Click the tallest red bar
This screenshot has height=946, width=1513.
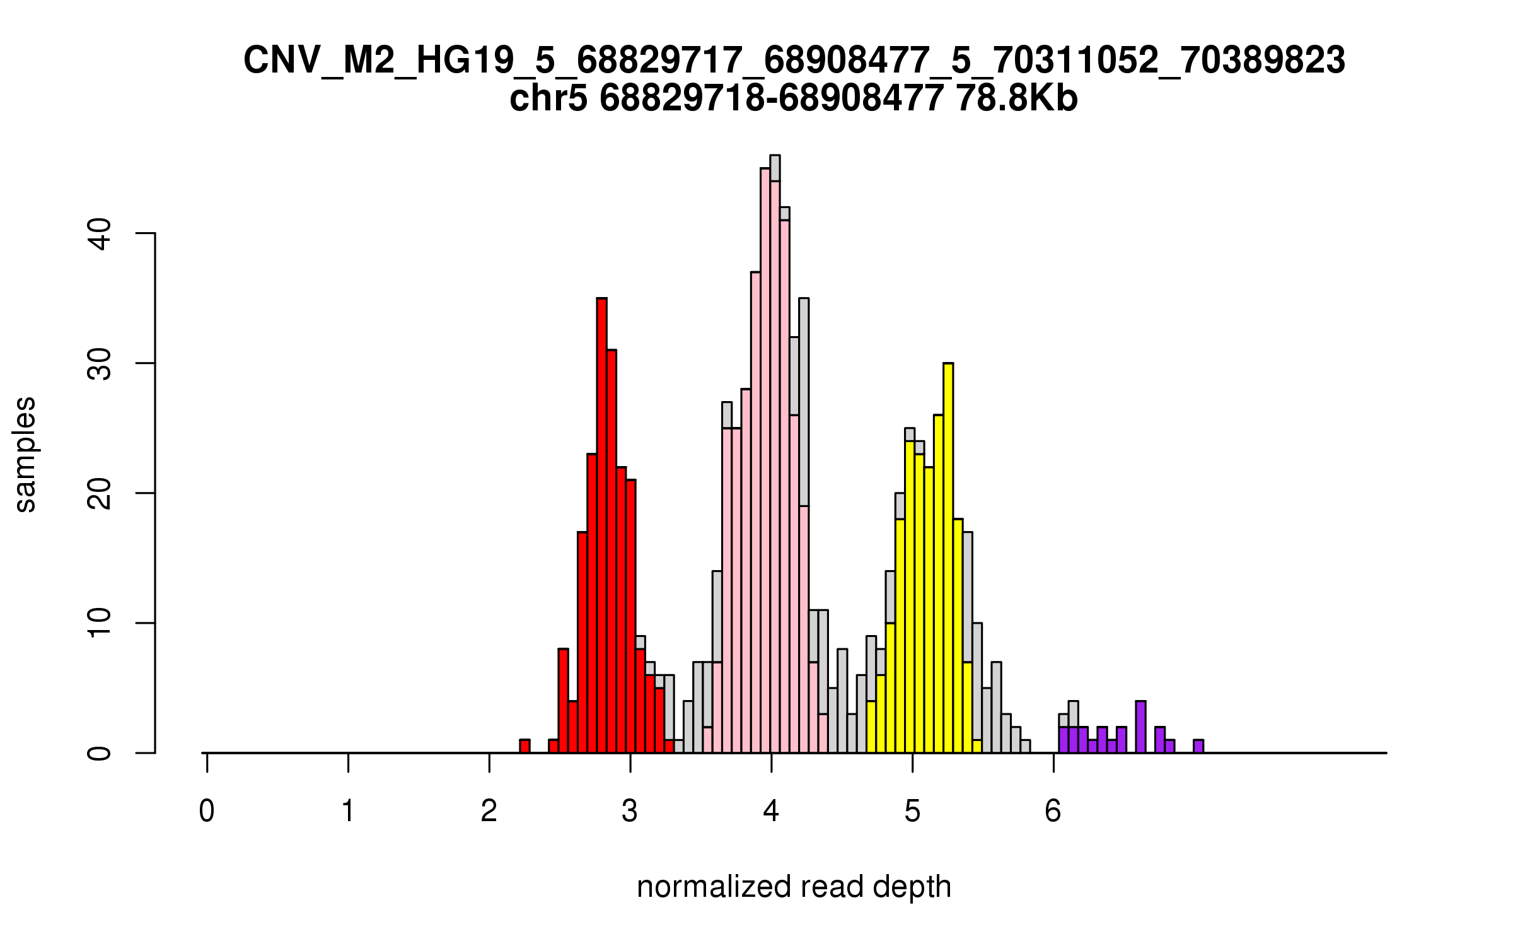click(601, 523)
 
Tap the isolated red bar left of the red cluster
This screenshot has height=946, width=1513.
click(525, 746)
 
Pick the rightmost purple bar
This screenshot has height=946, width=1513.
click(1198, 746)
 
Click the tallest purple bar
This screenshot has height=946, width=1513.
click(1140, 727)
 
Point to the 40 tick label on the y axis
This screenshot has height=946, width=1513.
click(99, 234)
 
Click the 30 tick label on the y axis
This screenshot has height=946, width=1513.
click(99, 363)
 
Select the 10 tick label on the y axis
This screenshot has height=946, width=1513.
click(99, 623)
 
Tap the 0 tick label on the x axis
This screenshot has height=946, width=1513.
click(207, 810)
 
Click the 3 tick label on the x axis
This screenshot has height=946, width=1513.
click(630, 810)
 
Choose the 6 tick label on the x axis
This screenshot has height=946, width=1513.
click(1053, 810)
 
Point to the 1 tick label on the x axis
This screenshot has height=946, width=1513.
click(348, 810)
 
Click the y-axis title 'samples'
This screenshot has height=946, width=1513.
click(25, 454)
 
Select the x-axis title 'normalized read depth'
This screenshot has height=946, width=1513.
click(794, 887)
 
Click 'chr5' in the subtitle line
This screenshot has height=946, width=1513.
click(548, 99)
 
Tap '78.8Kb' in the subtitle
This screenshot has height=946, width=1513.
click(1016, 99)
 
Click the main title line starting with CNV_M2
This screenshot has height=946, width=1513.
click(794, 61)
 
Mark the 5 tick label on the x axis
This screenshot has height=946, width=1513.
click(912, 810)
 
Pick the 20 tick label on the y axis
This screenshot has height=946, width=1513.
click(99, 493)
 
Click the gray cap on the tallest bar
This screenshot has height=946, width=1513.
click(775, 168)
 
